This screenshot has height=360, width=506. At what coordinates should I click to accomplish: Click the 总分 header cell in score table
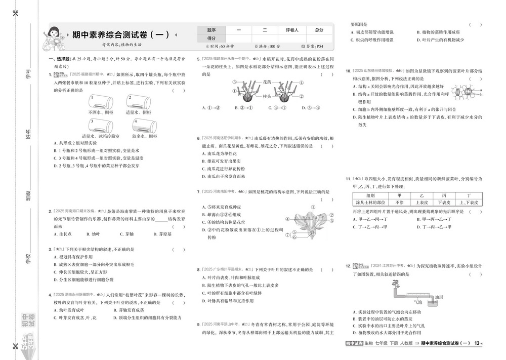319,30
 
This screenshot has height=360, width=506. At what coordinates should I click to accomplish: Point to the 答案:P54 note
313,46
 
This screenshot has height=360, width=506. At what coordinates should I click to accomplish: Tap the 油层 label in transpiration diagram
440,298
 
